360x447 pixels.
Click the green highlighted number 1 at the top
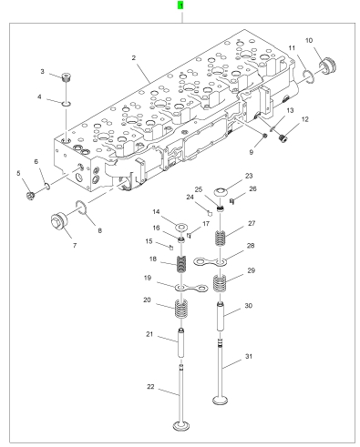click(180, 5)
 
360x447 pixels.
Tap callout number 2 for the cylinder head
click(134, 57)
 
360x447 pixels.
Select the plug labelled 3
click(66, 77)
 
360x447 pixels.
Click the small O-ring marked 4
click(67, 104)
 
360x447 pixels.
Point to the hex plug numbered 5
click(30, 196)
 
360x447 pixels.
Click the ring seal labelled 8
click(81, 207)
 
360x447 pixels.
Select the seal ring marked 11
click(309, 76)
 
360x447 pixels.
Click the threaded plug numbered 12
click(283, 138)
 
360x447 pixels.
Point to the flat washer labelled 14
click(181, 227)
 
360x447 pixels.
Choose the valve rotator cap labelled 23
click(221, 192)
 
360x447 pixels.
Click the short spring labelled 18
click(181, 264)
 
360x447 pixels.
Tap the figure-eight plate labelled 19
click(191, 288)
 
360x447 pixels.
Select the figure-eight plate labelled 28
click(211, 261)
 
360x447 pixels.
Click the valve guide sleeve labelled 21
click(181, 342)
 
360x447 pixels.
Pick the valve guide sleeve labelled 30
click(221, 317)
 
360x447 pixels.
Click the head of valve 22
click(181, 425)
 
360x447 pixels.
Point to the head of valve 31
click(221, 401)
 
